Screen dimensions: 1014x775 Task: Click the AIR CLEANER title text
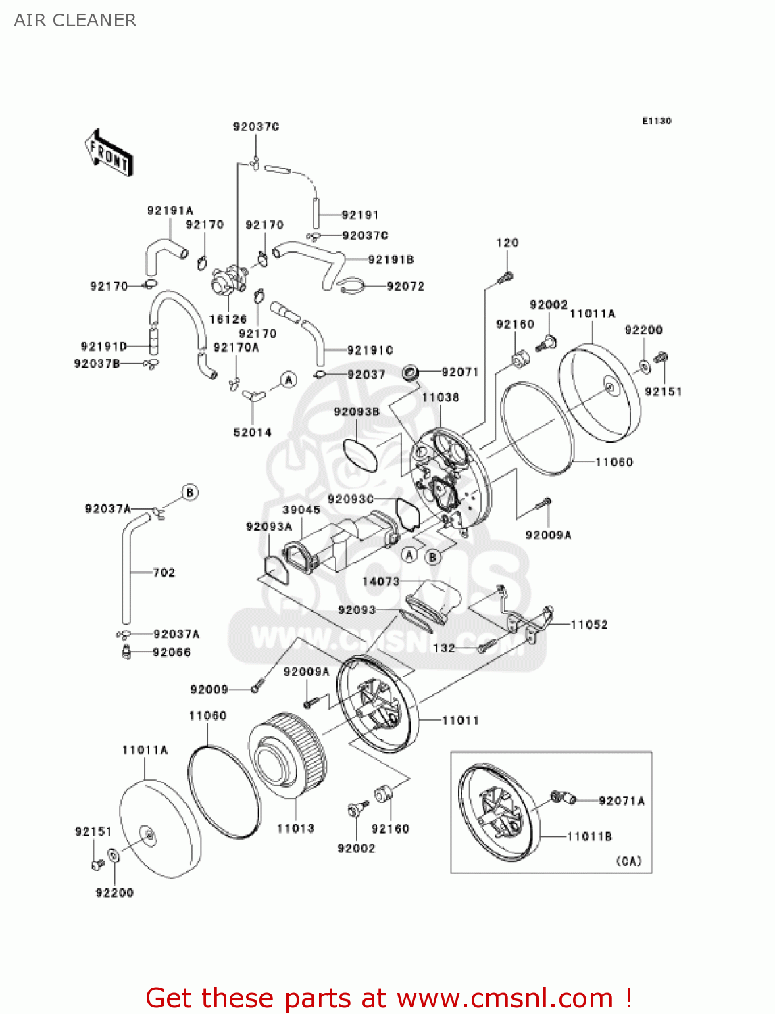(75, 20)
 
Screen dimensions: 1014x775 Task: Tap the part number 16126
(228, 319)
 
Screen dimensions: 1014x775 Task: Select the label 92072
(405, 286)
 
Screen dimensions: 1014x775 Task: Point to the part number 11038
(440, 397)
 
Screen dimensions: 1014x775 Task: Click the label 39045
(301, 510)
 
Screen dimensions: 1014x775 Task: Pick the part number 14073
(381, 581)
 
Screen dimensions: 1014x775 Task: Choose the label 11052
(589, 625)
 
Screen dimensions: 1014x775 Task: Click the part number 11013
(295, 828)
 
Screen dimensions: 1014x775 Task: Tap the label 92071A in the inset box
(622, 801)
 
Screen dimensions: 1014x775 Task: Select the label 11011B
(589, 836)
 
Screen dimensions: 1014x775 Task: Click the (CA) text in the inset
(628, 861)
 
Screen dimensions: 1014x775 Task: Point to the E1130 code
(656, 121)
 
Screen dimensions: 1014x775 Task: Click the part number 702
(164, 573)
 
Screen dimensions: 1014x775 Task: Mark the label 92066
(172, 652)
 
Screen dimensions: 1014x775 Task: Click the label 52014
(252, 432)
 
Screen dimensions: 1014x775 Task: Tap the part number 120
(507, 243)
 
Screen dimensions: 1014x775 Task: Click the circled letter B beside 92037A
(190, 492)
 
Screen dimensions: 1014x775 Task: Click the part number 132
(444, 648)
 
